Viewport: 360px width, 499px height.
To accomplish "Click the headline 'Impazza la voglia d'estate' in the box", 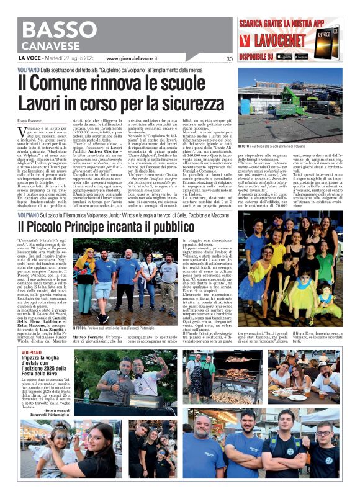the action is pos(43,363).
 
